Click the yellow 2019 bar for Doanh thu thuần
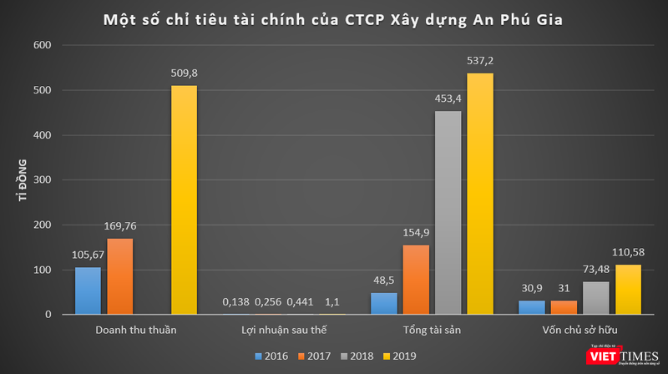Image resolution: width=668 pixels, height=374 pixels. point(185,200)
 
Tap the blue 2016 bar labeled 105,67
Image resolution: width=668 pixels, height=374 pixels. point(88,291)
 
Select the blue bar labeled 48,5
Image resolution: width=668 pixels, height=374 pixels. point(382,304)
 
